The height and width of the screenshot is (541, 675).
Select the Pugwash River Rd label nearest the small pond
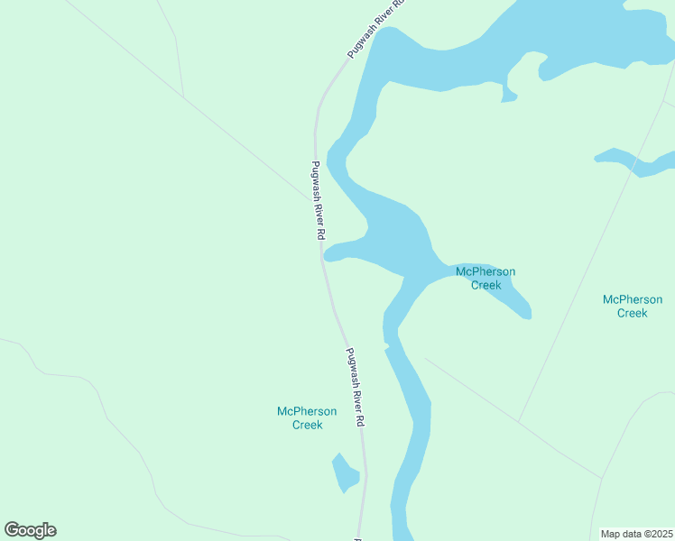pos(356,388)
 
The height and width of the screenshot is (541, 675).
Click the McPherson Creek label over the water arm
pos(485,278)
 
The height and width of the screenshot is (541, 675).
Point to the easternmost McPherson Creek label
pos(632,306)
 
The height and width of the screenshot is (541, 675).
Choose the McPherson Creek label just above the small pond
pos(307,417)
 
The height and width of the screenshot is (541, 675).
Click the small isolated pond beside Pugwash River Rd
pos(344,473)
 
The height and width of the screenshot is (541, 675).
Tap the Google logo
pos(30,530)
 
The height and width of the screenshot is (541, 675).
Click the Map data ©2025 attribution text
pos(637,533)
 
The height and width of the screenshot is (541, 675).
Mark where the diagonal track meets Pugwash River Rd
pos(308,197)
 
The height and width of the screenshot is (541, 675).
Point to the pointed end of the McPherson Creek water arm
pos(528,315)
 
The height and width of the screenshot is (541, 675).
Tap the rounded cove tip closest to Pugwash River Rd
pos(327,255)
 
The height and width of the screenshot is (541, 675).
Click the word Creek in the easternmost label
pos(632,313)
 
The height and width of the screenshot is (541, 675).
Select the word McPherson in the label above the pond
pos(307,411)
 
